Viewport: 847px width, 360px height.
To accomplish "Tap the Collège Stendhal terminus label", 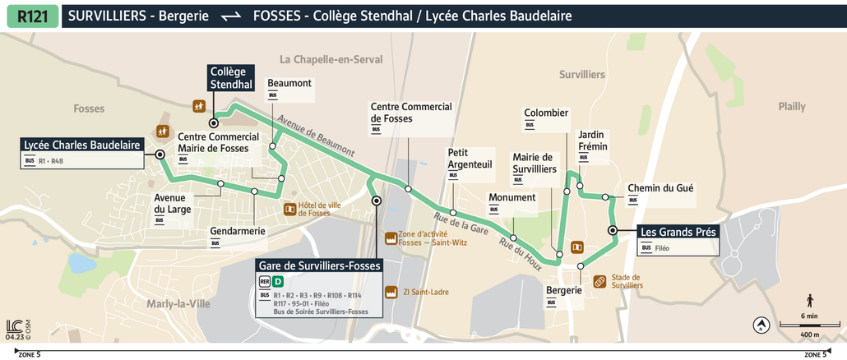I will tap(230, 78).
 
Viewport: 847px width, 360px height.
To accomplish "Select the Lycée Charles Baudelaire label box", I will tap(81, 145).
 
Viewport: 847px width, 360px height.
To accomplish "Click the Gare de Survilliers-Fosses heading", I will tap(319, 265).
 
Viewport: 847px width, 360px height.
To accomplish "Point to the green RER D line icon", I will tap(278, 281).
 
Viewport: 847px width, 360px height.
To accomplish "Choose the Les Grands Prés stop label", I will tap(678, 232).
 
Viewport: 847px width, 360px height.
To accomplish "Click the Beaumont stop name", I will tap(289, 83).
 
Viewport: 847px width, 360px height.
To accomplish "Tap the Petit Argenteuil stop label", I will tap(470, 159).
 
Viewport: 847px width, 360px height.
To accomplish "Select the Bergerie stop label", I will tap(563, 290).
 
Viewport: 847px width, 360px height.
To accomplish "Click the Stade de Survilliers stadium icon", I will tap(600, 281).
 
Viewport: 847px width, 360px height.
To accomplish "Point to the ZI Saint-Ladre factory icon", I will tap(391, 292).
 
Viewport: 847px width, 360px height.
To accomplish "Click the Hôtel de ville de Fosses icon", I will tap(289, 210).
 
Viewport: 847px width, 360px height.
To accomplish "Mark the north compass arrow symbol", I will tap(761, 325).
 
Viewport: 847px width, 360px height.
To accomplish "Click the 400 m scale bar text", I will tap(809, 335).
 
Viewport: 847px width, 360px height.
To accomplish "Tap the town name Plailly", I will tap(793, 107).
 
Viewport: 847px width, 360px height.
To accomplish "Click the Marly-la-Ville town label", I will tap(178, 304).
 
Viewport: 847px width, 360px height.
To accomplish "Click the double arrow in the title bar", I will tap(231, 16).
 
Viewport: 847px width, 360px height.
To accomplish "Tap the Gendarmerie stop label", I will tap(238, 231).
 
